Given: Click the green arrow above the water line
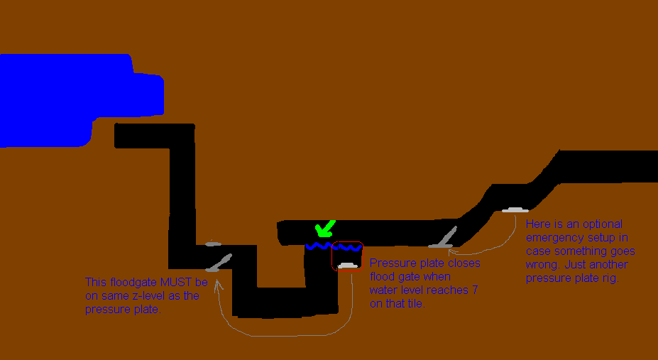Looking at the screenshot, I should (x=325, y=229).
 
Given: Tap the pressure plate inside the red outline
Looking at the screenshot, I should (x=348, y=266).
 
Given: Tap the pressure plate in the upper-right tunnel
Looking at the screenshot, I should (x=514, y=209).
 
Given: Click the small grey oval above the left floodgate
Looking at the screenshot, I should (x=214, y=244).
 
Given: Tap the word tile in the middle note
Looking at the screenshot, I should (x=415, y=304).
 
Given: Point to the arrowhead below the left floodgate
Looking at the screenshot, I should (x=218, y=285).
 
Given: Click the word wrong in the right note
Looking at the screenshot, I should (x=543, y=265).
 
